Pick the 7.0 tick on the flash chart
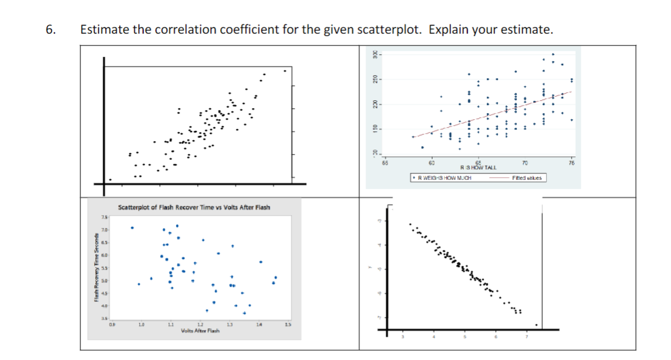(x=105, y=230)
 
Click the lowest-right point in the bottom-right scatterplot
(x=537, y=325)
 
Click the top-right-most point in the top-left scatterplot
(x=284, y=70)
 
